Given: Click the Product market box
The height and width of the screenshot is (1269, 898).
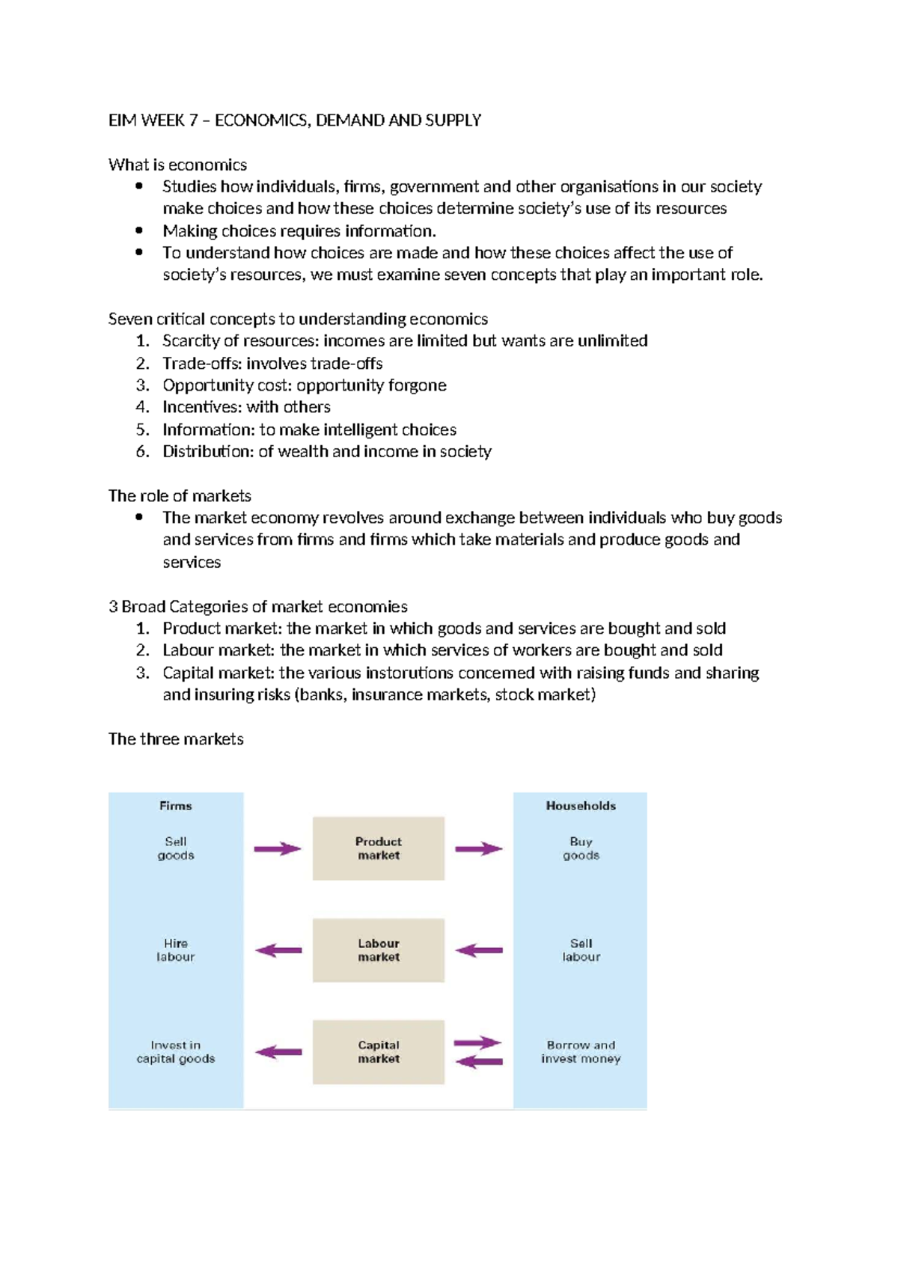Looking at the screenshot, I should click(x=378, y=848).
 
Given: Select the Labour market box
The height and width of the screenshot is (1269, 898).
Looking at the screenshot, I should click(x=378, y=950).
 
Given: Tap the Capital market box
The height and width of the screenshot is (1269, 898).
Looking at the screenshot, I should click(x=378, y=1051).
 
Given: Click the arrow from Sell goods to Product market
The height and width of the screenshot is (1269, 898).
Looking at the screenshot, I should click(x=277, y=848).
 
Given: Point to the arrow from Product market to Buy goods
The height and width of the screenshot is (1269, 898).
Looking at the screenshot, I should click(x=479, y=848).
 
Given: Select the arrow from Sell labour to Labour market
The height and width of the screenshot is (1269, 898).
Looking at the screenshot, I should click(x=479, y=950).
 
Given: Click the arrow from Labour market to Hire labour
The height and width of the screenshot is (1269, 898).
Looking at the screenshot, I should click(x=278, y=950).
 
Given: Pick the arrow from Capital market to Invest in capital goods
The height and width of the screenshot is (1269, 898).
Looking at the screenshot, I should click(x=278, y=1051).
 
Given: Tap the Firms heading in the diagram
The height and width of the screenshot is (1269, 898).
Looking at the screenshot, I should click(x=175, y=806).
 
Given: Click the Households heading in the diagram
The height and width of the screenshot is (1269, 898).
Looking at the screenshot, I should click(x=581, y=806).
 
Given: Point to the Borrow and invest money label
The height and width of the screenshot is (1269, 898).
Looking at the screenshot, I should click(x=581, y=1051).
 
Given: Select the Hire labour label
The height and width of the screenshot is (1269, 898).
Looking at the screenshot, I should click(x=175, y=950).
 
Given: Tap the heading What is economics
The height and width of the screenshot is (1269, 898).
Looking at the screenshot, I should click(x=177, y=165).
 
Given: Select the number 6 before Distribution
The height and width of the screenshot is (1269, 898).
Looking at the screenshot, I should click(x=141, y=451).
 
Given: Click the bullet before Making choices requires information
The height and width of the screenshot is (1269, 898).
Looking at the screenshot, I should click(x=139, y=230).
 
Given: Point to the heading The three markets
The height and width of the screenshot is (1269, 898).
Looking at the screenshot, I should click(x=176, y=739).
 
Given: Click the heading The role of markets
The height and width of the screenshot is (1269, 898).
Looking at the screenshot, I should click(x=180, y=496).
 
